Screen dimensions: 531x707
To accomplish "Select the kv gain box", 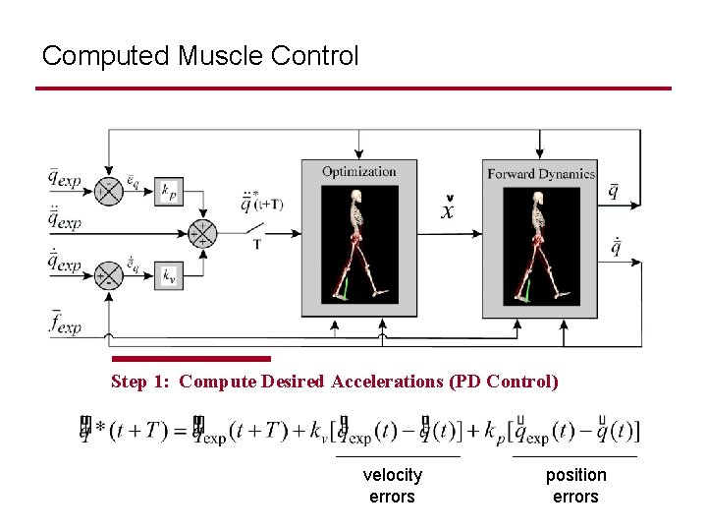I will pyautogui.click(x=170, y=275).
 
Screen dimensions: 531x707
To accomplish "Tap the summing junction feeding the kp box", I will pyautogui.click(x=107, y=191).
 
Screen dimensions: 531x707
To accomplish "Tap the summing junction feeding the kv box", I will pyautogui.click(x=107, y=275).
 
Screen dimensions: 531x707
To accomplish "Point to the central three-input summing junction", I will pyautogui.click(x=202, y=233).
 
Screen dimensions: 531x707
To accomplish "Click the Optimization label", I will pyautogui.click(x=358, y=172).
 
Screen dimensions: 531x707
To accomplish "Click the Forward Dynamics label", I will pyautogui.click(x=540, y=174).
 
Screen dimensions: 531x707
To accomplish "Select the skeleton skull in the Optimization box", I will pyautogui.click(x=359, y=197).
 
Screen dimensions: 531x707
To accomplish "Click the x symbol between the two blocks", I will pyautogui.click(x=448, y=210).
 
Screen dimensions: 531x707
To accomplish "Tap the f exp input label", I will pyautogui.click(x=66, y=322).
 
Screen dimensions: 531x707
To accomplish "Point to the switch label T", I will pyautogui.click(x=256, y=245).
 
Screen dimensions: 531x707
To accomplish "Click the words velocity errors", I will pyautogui.click(x=392, y=486).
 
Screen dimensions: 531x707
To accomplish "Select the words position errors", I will pyautogui.click(x=575, y=486).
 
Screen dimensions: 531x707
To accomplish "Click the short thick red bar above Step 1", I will pyautogui.click(x=191, y=359).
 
